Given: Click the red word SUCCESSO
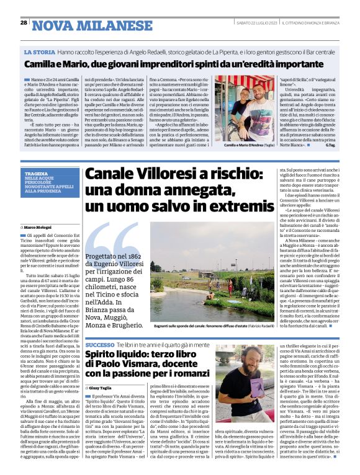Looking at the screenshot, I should coord(100,344).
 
